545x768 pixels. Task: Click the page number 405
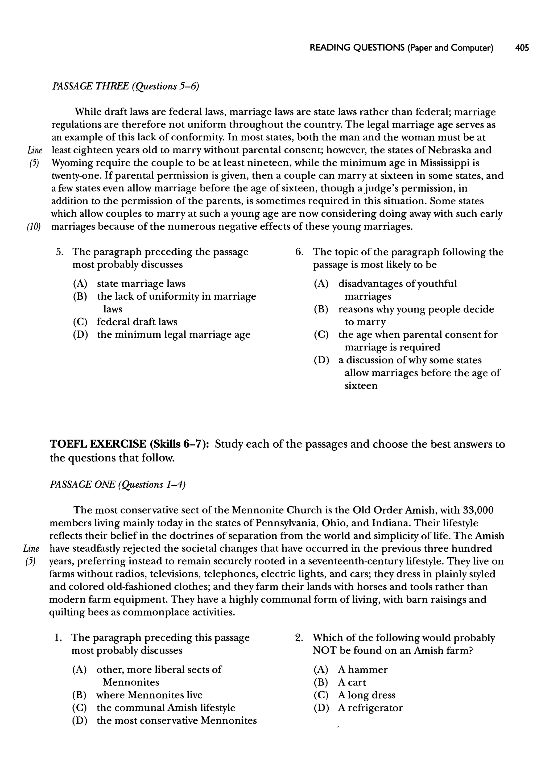coord(522,48)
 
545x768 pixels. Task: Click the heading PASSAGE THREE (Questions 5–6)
coord(126,86)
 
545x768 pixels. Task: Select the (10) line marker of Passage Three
coord(34,227)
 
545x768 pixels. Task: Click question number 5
coord(60,252)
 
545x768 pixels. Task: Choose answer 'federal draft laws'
coord(137,322)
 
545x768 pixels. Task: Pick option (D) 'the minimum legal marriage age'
coord(174,335)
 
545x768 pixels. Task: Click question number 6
coord(299,252)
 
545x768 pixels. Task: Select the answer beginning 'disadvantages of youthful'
coord(397,284)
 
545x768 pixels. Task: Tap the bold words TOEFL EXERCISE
coord(98,444)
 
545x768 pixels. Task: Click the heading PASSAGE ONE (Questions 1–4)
coord(117,485)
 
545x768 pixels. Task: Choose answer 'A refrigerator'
coord(370,708)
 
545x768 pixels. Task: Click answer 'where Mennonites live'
coord(149,695)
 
